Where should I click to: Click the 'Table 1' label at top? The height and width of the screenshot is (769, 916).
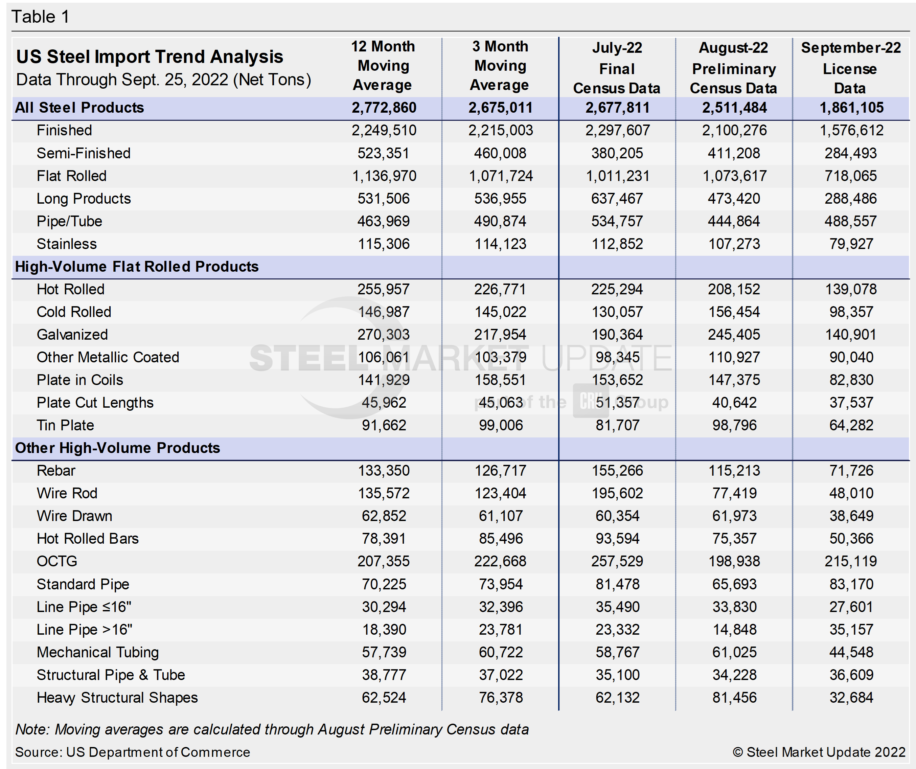click(x=40, y=17)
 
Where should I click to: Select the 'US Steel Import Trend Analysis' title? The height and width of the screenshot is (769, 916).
click(x=150, y=57)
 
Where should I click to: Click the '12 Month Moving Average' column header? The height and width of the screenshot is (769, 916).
click(x=383, y=65)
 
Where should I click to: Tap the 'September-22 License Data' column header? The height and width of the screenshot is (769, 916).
click(x=851, y=68)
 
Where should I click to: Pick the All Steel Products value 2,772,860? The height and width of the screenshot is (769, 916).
click(x=384, y=108)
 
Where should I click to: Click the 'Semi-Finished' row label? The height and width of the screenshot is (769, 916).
click(x=83, y=153)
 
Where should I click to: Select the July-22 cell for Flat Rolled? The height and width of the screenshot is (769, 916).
click(x=617, y=176)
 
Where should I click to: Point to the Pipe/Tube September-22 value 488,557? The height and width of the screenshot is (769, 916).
click(x=851, y=221)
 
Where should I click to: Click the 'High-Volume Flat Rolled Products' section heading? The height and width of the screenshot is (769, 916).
click(x=137, y=267)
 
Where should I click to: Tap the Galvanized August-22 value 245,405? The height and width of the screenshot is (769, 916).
click(x=734, y=335)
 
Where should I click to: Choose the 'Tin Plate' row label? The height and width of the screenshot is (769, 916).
click(x=65, y=425)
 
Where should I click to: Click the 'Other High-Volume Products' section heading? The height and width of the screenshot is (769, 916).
click(x=117, y=448)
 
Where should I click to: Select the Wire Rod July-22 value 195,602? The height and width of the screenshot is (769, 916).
click(x=617, y=493)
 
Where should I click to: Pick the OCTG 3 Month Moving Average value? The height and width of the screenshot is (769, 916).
click(x=500, y=561)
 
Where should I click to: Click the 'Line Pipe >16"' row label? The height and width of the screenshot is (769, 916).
click(x=84, y=629)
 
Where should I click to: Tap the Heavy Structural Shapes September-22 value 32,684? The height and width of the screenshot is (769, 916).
click(x=851, y=698)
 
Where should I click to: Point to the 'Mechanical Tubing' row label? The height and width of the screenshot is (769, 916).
click(x=98, y=652)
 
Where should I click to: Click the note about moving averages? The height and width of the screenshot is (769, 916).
click(x=272, y=729)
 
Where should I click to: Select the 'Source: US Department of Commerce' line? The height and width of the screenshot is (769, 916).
click(x=132, y=752)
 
